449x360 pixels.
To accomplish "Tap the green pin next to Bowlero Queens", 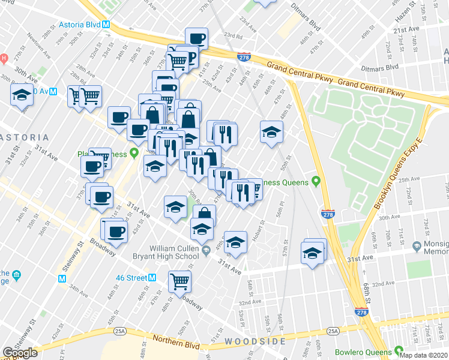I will click(399, 351).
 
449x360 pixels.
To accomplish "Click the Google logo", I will click(20, 353).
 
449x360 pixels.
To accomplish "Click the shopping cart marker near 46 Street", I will click(179, 280).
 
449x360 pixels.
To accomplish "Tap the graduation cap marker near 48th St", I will click(271, 131).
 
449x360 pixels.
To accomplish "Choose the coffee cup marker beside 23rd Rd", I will click(196, 38).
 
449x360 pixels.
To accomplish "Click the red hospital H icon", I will click(3, 58).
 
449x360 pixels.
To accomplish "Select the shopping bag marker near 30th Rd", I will click(205, 215).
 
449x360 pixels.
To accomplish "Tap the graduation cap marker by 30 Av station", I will click(22, 95).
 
